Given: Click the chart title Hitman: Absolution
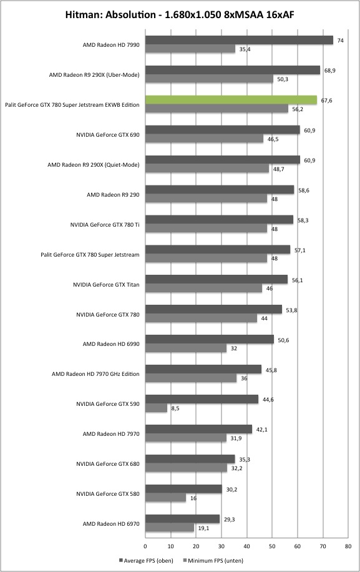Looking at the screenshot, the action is tap(111, 15).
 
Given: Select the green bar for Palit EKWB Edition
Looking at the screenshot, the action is tap(231, 100).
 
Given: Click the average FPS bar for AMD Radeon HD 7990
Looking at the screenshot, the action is tap(239, 40).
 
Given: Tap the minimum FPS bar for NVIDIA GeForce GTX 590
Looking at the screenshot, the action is tap(157, 408).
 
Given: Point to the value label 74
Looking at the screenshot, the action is tap(340, 41).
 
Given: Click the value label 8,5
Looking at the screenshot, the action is tap(175, 408).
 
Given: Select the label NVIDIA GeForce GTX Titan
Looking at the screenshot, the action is tap(106, 285).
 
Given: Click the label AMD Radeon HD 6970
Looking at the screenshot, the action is tap(111, 524).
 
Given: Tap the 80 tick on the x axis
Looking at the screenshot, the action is tap(348, 546).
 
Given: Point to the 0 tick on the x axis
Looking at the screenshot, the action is tap(145, 546).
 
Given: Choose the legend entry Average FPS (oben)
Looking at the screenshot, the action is tap(146, 560).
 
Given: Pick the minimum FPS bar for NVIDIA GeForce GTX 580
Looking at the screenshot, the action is tap(165, 498).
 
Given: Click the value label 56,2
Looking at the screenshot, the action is tap(297, 109).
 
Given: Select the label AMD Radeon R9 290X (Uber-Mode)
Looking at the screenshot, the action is tap(94, 75).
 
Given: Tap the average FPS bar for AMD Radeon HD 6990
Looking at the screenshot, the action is tap(210, 339).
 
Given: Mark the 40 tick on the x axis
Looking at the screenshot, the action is tap(246, 546).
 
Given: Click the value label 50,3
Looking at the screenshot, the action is tap(283, 79).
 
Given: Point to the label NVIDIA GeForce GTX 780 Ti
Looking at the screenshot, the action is tap(105, 225).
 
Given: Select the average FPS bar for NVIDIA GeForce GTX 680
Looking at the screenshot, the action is tap(190, 459).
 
